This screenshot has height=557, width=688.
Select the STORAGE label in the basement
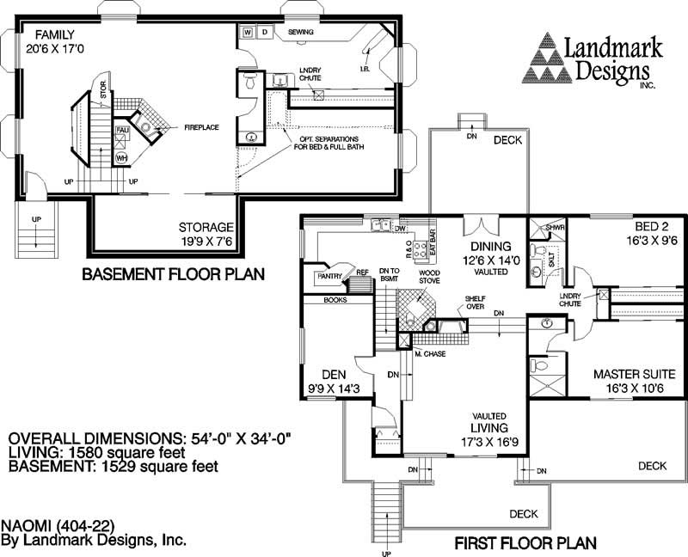tap(206, 228)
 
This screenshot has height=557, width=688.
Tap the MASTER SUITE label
tap(635, 374)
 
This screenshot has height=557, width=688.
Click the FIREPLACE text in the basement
tap(201, 127)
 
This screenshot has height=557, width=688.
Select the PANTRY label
tap(330, 277)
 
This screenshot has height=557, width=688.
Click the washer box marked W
tap(248, 33)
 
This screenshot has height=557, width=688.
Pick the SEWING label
tap(300, 33)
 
